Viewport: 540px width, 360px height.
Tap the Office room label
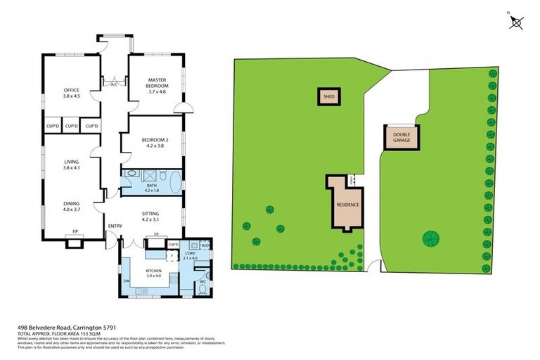tap(71, 93)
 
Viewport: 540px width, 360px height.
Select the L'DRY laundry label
tap(189, 256)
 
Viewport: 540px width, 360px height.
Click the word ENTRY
tap(115, 226)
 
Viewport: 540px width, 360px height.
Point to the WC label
tap(202, 282)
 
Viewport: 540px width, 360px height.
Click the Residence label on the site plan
tap(348, 205)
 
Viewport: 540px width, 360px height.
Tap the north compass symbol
tap(516, 22)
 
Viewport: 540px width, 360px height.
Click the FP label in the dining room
tap(75, 233)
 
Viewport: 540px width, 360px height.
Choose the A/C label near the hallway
tap(114, 84)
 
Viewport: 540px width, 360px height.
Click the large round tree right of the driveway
tap(431, 239)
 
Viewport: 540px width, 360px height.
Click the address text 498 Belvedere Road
tap(56, 328)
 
